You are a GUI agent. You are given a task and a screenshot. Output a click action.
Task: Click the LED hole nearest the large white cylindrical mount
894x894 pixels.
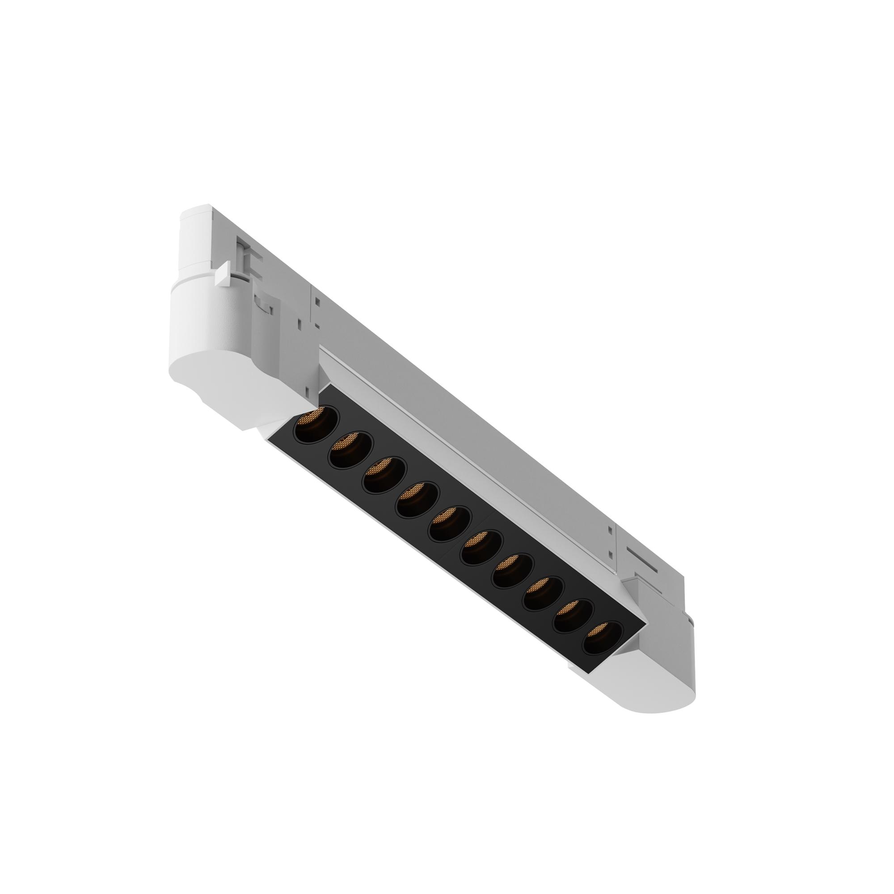pyautogui.click(x=316, y=424)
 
